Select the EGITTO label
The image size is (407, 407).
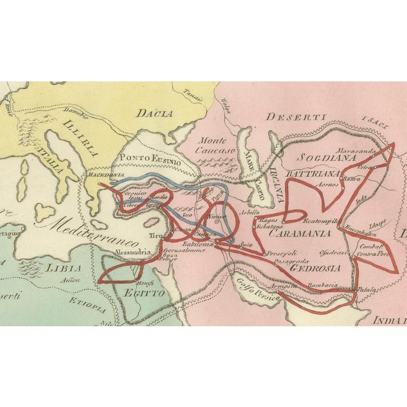[148, 293]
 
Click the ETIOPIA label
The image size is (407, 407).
[88, 305]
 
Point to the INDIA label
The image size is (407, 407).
[389, 320]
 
